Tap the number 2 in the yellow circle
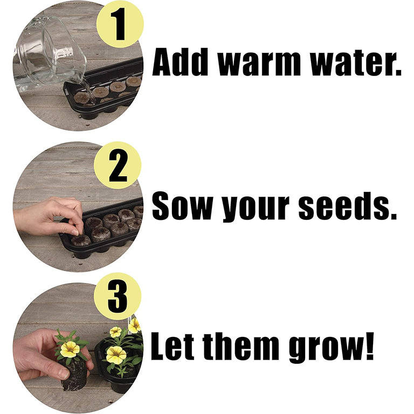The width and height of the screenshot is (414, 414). point(118,166)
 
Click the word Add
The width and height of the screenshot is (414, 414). point(180,62)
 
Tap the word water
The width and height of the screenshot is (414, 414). point(351,63)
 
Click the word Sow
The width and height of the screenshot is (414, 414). point(182,206)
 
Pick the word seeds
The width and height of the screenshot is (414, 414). point(343,206)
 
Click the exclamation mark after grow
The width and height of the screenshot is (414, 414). point(369,346)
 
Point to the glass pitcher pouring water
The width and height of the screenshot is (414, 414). point(50,53)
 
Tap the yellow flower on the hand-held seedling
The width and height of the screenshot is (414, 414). point(70,349)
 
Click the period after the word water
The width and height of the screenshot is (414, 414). point(397,71)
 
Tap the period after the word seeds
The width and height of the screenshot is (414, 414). point(392,215)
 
